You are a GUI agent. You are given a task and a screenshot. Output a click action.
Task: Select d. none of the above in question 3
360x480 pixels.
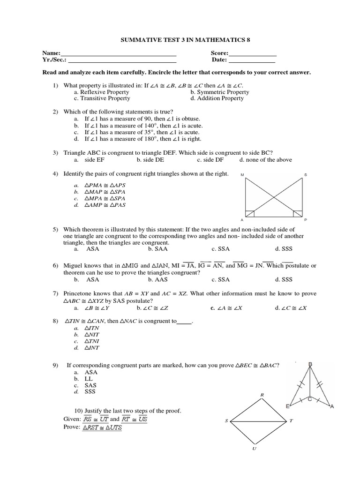(265, 159)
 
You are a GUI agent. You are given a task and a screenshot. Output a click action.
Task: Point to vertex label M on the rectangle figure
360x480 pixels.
(242, 175)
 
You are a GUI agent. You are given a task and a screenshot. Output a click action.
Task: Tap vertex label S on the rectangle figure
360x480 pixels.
(306, 175)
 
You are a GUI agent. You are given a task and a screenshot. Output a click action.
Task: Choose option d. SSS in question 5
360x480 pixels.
(284, 249)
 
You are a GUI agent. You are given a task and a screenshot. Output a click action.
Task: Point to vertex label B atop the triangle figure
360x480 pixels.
(310, 364)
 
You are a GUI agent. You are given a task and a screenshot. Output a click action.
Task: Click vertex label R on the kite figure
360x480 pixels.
(262, 395)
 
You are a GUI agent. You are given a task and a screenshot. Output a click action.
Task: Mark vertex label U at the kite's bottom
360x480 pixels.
(254, 448)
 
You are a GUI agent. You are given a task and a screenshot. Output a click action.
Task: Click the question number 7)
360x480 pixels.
(55, 293)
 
